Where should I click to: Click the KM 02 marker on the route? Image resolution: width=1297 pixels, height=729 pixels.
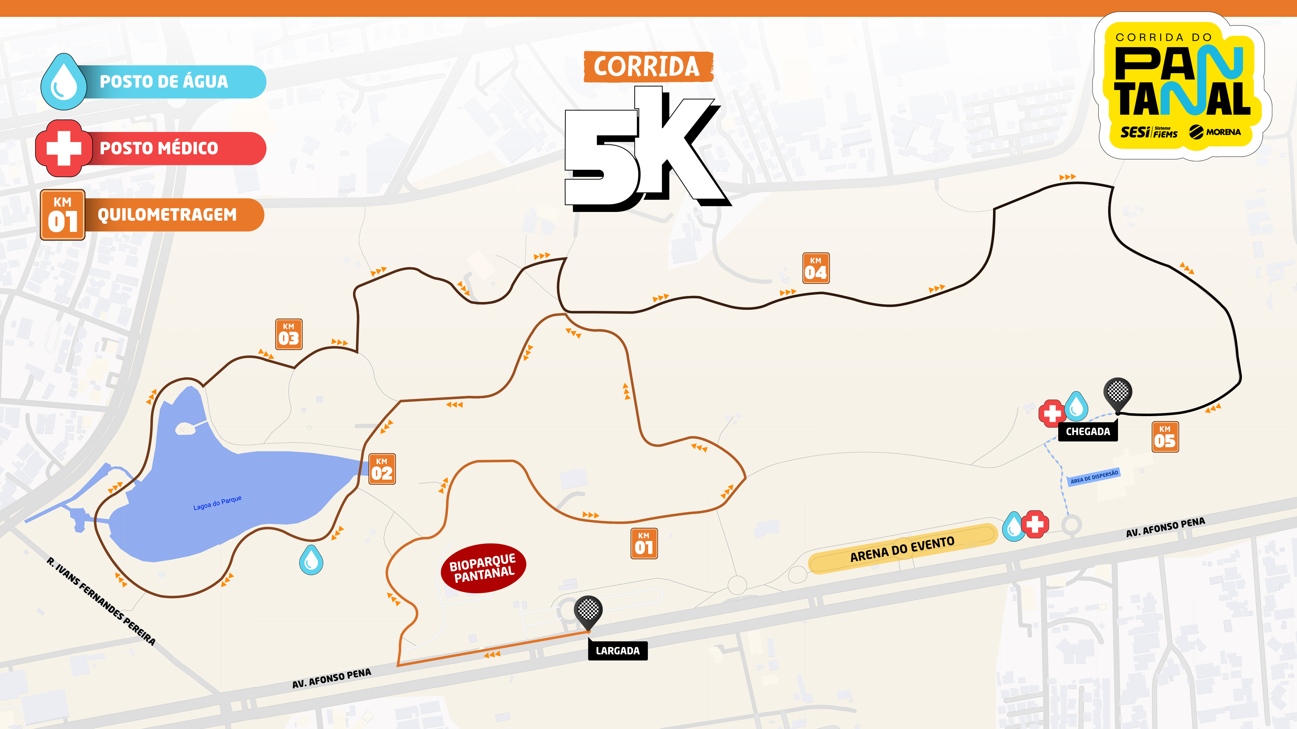pyautogui.click(x=382, y=469)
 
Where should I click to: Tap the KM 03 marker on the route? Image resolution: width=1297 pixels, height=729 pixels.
pyautogui.click(x=289, y=334)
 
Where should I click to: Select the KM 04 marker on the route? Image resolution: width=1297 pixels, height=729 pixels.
pyautogui.click(x=816, y=268)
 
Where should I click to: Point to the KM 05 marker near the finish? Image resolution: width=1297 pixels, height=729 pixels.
pyautogui.click(x=1165, y=437)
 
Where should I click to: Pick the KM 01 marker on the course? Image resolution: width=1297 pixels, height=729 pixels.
pyautogui.click(x=644, y=543)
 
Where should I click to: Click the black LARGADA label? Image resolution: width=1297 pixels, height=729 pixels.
pyautogui.click(x=618, y=650)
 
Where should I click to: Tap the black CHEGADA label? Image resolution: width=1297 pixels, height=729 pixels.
pyautogui.click(x=1088, y=432)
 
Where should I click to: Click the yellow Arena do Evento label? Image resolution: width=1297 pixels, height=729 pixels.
pyautogui.click(x=902, y=549)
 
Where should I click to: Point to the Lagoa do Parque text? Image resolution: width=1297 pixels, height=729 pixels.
pyautogui.click(x=218, y=503)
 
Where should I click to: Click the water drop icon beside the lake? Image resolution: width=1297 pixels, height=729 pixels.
pyautogui.click(x=311, y=560)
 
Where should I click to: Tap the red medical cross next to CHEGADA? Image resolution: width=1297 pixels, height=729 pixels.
pyautogui.click(x=1051, y=413)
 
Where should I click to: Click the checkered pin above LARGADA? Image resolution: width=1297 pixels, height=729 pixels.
pyautogui.click(x=588, y=610)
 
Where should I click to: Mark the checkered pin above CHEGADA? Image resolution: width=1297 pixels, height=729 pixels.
pyautogui.click(x=1118, y=393)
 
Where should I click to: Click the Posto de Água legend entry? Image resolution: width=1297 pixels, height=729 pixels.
pyautogui.click(x=154, y=81)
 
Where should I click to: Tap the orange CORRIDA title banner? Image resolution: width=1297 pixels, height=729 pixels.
pyautogui.click(x=647, y=66)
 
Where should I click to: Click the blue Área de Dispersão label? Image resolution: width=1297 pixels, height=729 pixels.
pyautogui.click(x=1094, y=477)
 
